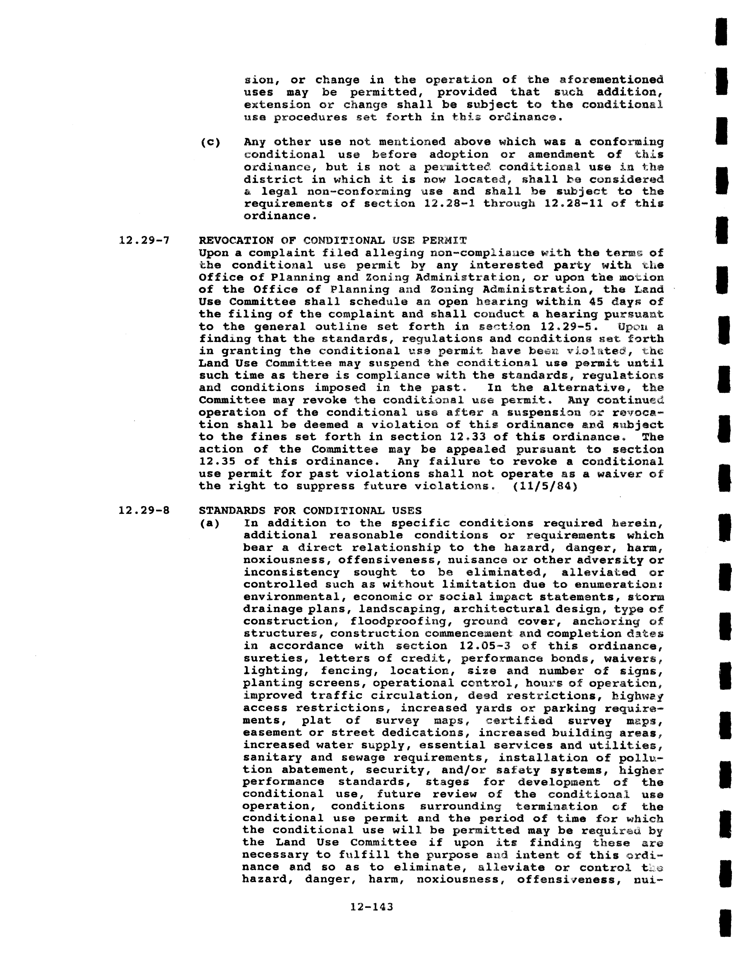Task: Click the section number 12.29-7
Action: click(x=144, y=241)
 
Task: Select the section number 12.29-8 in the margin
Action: click(x=144, y=511)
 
